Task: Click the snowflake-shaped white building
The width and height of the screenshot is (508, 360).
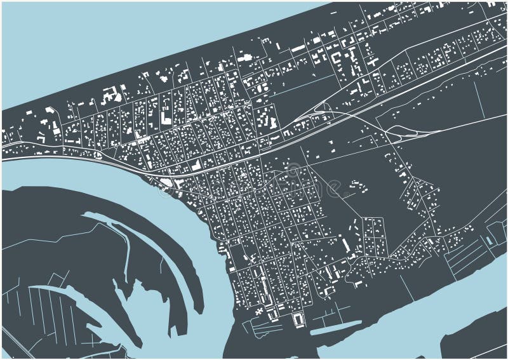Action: (259, 310)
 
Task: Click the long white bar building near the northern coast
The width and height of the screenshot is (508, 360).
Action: (298, 48)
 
